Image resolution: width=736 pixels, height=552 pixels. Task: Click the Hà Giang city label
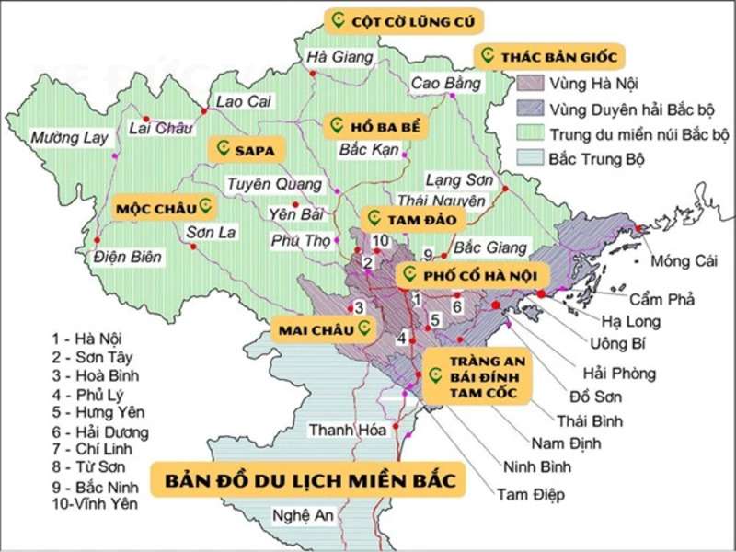340,57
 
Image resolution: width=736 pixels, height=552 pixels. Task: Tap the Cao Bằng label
446,84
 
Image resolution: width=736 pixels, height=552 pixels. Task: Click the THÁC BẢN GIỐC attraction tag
549,56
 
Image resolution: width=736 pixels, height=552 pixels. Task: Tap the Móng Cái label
683,261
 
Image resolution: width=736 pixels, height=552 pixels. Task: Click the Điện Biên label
127,257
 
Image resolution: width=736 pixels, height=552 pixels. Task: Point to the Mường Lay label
70,138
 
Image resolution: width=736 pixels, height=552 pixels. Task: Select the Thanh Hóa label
339,430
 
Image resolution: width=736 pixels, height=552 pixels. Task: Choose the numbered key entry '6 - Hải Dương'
100,431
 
